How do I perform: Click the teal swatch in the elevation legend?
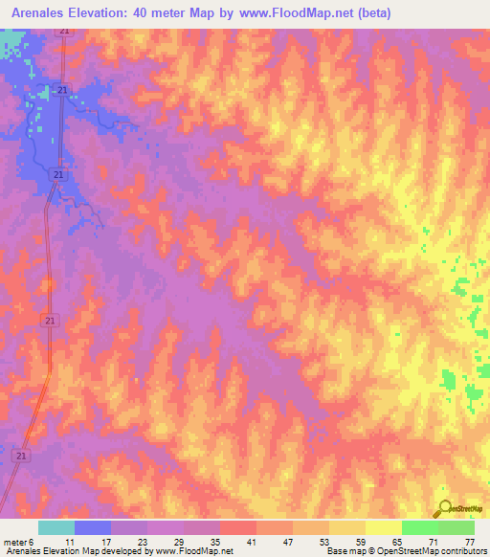56,527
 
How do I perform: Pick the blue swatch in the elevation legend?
93,527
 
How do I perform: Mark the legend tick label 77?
469,542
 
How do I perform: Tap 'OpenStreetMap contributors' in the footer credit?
436,552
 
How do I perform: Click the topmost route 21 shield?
63,32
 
